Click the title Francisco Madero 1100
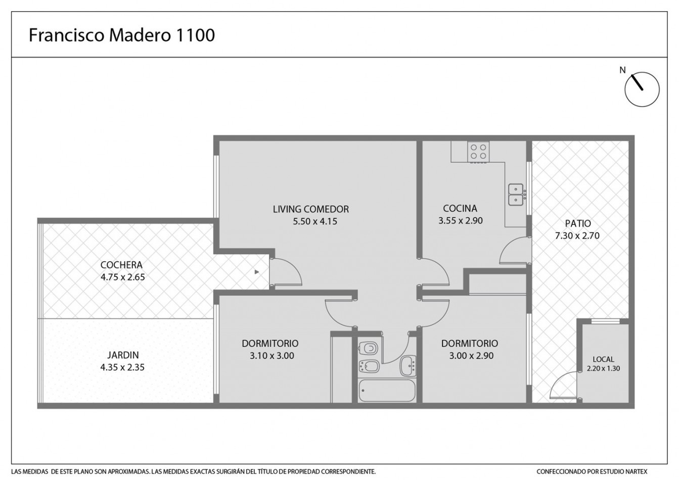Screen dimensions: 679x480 pos(122,35)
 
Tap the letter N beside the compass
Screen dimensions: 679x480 pos(622,70)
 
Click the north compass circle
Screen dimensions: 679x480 pos(642,89)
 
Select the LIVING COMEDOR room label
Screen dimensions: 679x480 pos(311,209)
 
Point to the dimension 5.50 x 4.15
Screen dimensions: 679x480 pos(315,221)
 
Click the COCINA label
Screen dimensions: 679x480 pos(460,208)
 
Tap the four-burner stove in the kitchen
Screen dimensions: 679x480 pos(478,152)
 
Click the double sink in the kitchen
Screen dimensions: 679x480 pos(516,195)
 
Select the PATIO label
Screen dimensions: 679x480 pos(578,223)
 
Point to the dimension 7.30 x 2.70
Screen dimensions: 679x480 pos(577,235)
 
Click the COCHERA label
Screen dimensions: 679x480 pos(121,265)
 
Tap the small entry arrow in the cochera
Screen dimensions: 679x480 pos(257,272)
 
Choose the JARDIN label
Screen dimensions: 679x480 pos(123,355)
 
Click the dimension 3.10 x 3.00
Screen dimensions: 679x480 pos(272,356)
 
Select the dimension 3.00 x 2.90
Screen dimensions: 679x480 pos(471,356)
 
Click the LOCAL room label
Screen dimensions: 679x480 pos(604,359)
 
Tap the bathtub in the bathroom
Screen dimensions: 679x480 pos(387,391)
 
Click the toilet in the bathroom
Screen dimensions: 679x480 pos(368,348)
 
